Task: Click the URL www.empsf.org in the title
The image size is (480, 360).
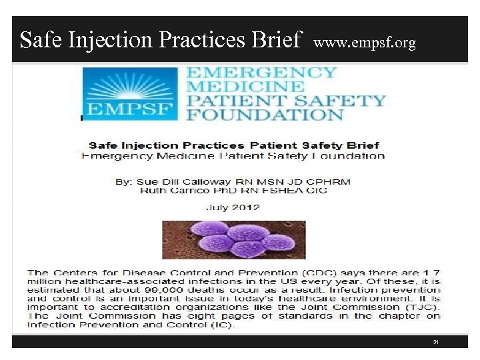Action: point(364,43)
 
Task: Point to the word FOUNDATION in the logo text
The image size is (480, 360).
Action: point(265,114)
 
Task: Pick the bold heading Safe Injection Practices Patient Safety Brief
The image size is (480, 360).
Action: point(233,145)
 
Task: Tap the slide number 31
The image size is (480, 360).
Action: point(435,342)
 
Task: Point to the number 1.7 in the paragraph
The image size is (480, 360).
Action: point(431,273)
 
